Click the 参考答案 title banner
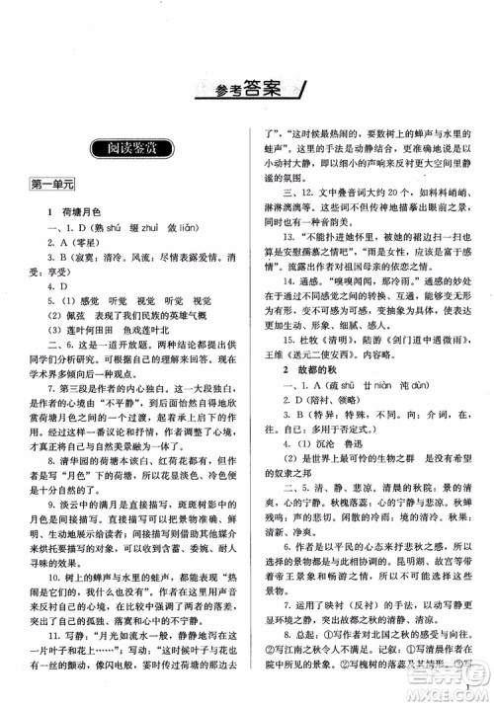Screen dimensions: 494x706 [x=246, y=92]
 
